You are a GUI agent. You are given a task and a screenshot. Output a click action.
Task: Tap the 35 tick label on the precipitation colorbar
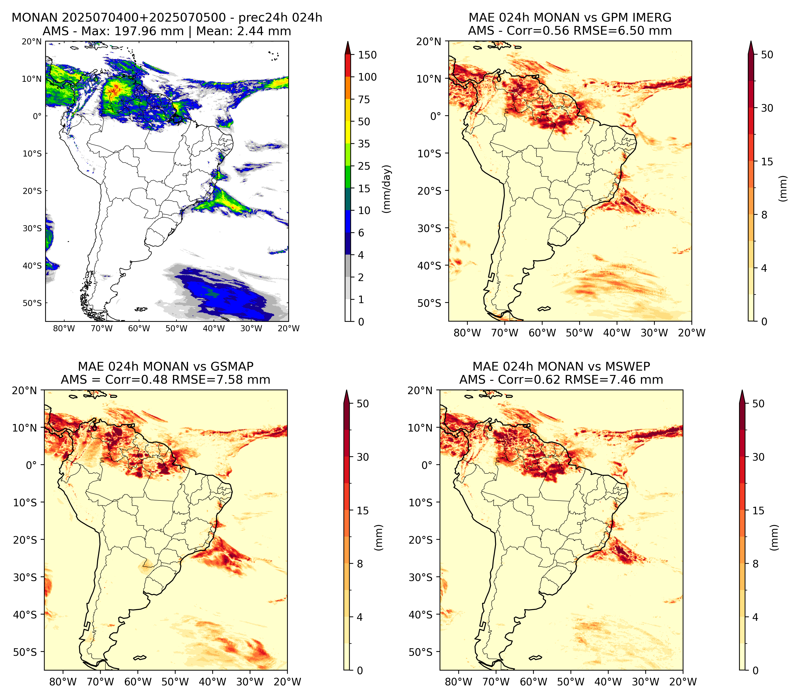tap(364, 144)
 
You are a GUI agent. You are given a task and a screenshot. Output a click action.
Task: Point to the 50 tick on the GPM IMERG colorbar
tap(767, 55)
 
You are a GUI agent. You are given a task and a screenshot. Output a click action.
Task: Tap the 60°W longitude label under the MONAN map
tap(139, 328)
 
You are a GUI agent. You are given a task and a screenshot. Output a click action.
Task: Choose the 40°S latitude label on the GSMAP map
tap(25, 615)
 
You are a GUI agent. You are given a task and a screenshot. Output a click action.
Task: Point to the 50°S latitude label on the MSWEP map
tap(420, 652)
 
